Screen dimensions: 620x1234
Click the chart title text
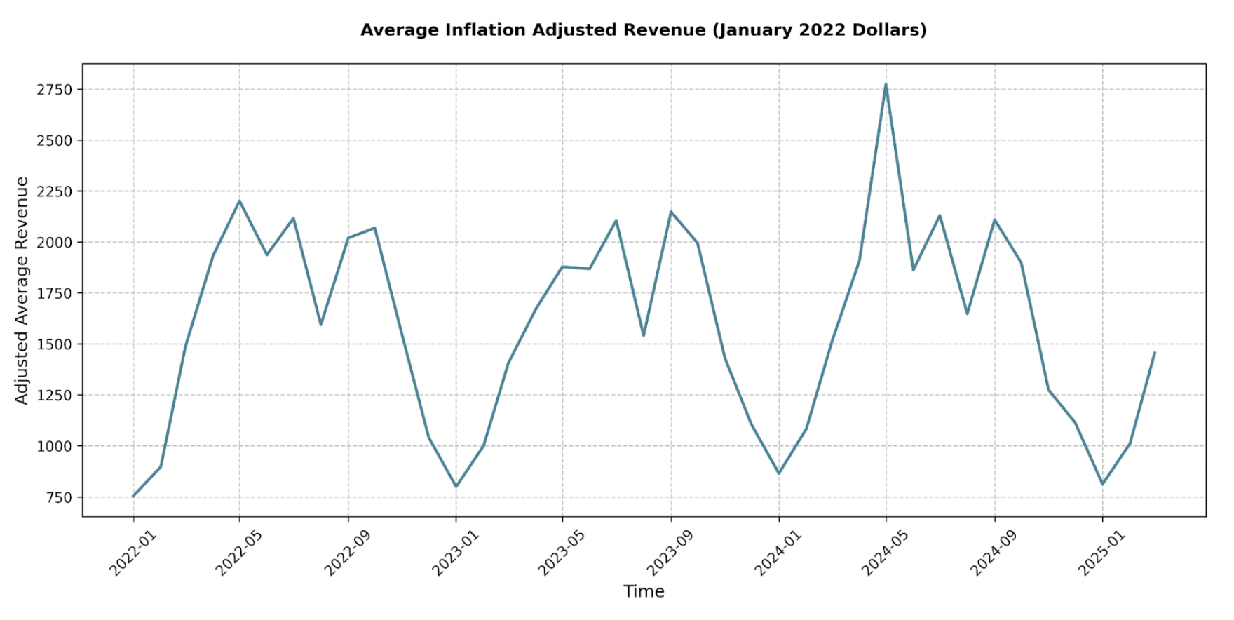(643, 30)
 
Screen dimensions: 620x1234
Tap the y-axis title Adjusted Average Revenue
(22, 290)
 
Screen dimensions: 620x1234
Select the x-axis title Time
(644, 591)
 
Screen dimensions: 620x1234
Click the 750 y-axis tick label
(60, 497)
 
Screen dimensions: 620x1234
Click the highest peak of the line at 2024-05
(886, 85)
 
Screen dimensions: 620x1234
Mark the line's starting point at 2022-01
(133, 496)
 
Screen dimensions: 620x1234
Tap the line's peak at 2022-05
(239, 201)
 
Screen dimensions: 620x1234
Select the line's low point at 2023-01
(456, 486)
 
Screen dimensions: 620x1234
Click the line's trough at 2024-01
(778, 473)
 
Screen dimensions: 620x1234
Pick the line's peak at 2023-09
(671, 212)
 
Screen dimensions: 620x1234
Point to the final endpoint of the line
(1154, 353)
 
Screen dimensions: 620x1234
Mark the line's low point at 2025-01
(1102, 484)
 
